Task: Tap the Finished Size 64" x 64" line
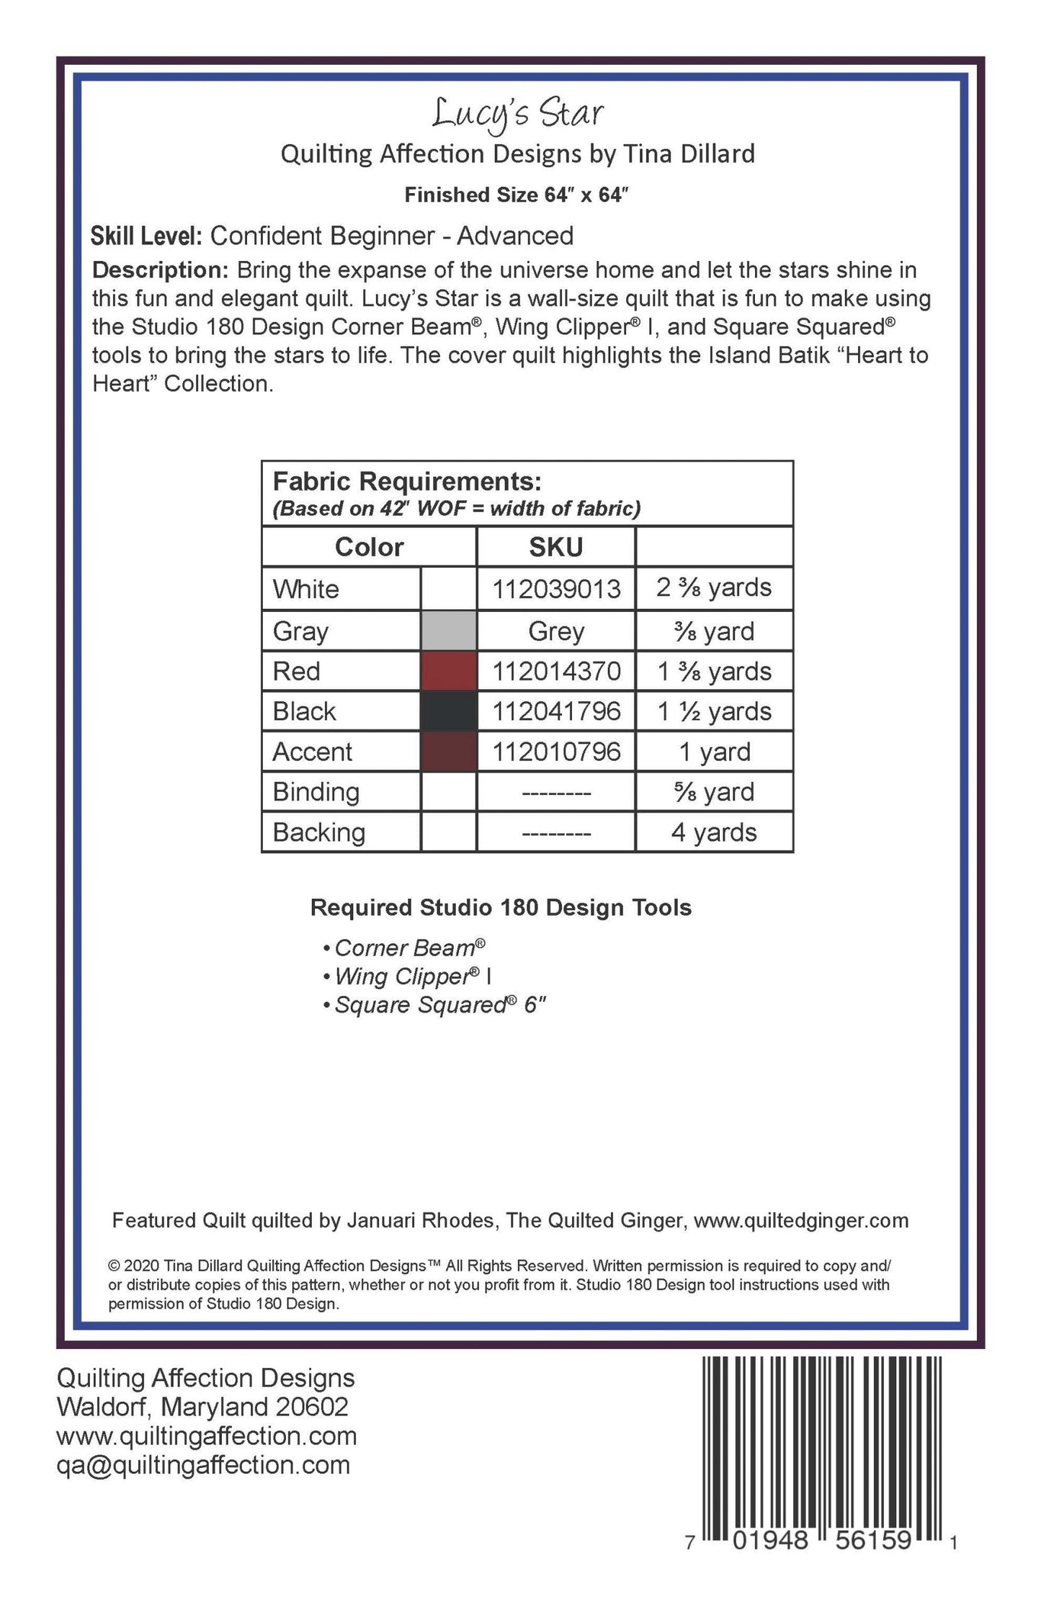point(517,195)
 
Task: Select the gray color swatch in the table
point(448,631)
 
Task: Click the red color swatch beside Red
point(448,672)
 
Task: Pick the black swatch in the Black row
point(448,712)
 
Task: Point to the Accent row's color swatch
point(448,752)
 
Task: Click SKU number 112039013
point(556,590)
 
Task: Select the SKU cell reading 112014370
point(556,672)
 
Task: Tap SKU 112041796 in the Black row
point(556,712)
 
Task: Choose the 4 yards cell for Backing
point(714,833)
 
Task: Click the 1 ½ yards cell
point(714,712)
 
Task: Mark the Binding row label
point(316,792)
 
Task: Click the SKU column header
point(555,548)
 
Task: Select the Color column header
point(369,548)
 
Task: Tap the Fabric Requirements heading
point(407,481)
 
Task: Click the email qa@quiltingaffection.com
point(203,1465)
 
